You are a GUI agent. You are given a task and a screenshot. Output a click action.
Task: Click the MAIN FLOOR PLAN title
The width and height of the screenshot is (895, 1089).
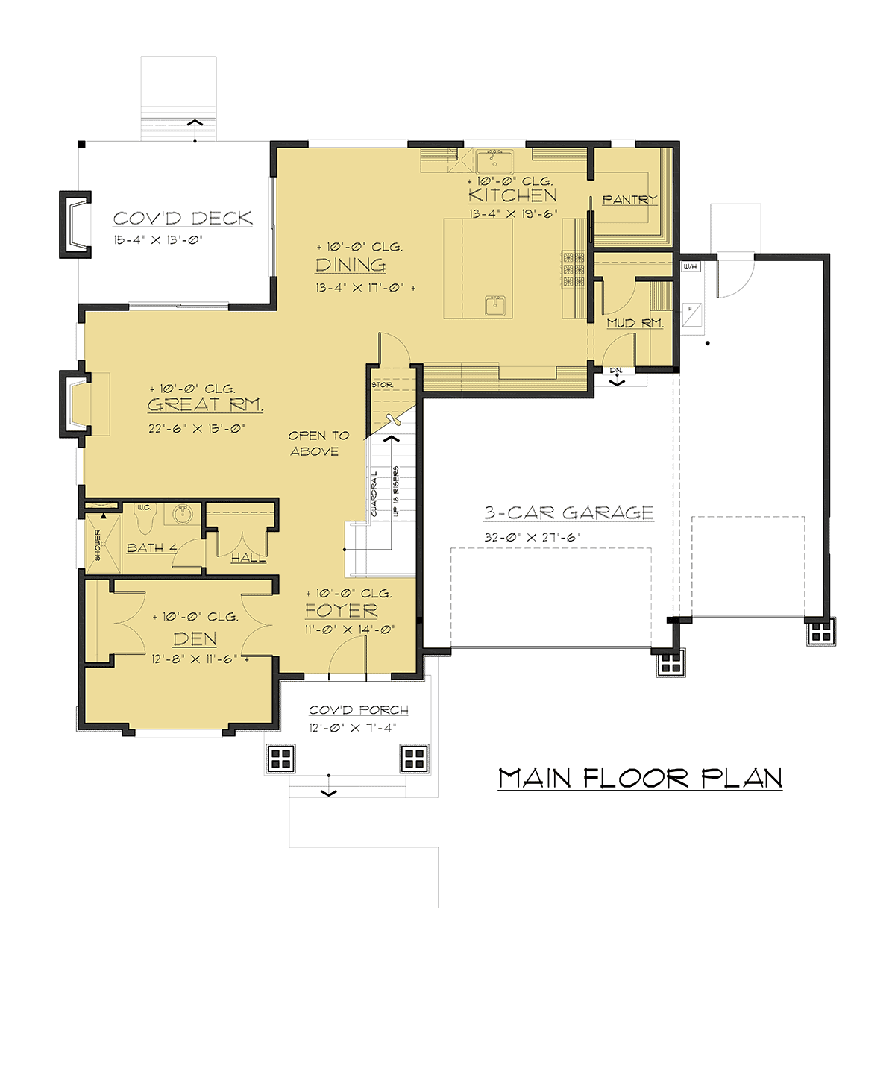point(640,778)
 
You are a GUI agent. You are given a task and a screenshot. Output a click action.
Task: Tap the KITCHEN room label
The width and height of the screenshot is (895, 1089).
point(512,195)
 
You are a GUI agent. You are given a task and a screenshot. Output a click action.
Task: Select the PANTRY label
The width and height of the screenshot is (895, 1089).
point(630,199)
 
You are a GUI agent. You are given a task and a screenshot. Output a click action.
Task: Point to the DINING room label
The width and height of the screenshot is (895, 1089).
point(351,265)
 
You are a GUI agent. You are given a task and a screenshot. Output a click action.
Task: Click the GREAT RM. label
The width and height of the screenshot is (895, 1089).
point(206,404)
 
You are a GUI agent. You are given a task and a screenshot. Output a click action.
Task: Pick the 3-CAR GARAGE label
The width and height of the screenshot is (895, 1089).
point(568,512)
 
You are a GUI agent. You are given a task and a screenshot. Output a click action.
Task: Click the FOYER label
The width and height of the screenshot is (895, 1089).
point(342,610)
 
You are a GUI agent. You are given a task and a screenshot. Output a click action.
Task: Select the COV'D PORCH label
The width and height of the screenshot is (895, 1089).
point(359,710)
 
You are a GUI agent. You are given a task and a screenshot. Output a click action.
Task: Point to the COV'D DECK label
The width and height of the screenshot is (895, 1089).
point(183,219)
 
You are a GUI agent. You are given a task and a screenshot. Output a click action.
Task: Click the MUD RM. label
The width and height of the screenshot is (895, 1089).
point(635,323)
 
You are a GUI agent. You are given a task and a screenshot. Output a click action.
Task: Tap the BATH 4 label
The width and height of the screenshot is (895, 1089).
point(151,547)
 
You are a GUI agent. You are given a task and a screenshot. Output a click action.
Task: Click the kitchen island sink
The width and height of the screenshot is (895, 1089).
point(498,305)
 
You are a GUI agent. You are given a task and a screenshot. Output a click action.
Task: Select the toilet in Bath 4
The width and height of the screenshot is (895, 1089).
point(145,518)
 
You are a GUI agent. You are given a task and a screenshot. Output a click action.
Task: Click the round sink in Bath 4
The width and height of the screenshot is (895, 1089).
point(181,515)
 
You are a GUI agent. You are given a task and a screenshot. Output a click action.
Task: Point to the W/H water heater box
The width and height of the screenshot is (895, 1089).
point(691,266)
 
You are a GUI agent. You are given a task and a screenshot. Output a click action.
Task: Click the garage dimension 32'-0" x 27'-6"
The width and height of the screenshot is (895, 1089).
point(533,538)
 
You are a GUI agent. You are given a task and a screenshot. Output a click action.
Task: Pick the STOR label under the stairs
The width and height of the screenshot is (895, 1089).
point(382,385)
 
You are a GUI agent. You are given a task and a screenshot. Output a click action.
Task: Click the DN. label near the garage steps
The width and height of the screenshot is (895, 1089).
point(616,370)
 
